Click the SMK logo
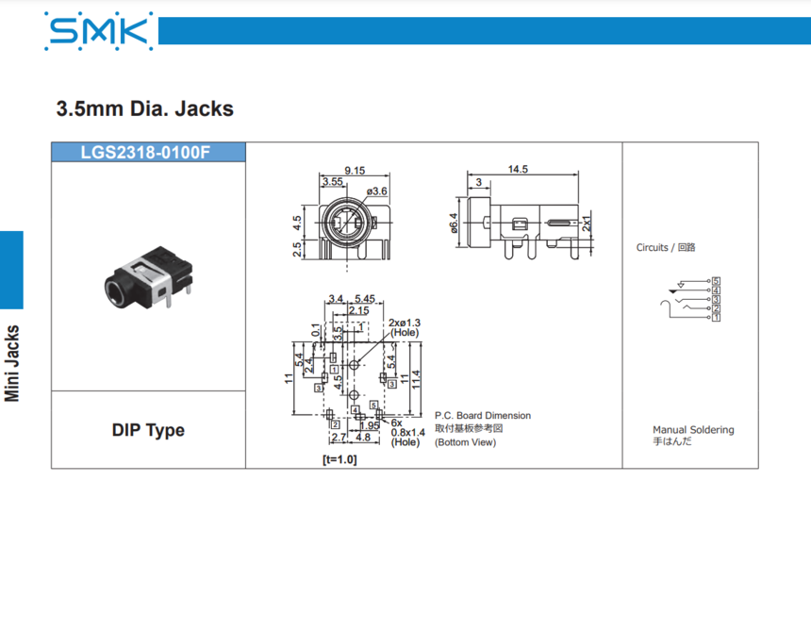pos(99,31)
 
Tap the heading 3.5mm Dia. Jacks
pos(145,108)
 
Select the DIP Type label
pos(148,430)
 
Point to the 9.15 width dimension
pos(355,171)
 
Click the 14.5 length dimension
pos(517,170)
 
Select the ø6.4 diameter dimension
pos(454,223)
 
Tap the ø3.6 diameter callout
pos(377,191)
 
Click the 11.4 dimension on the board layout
pos(416,379)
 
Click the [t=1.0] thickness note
pos(339,460)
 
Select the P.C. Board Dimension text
pos(482,416)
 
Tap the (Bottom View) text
pos(465,442)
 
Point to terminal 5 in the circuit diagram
pos(717,282)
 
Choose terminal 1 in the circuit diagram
pos(717,318)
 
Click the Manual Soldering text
pos(693,430)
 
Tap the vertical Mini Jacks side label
pos(12,363)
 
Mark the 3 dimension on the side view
pos(478,181)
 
